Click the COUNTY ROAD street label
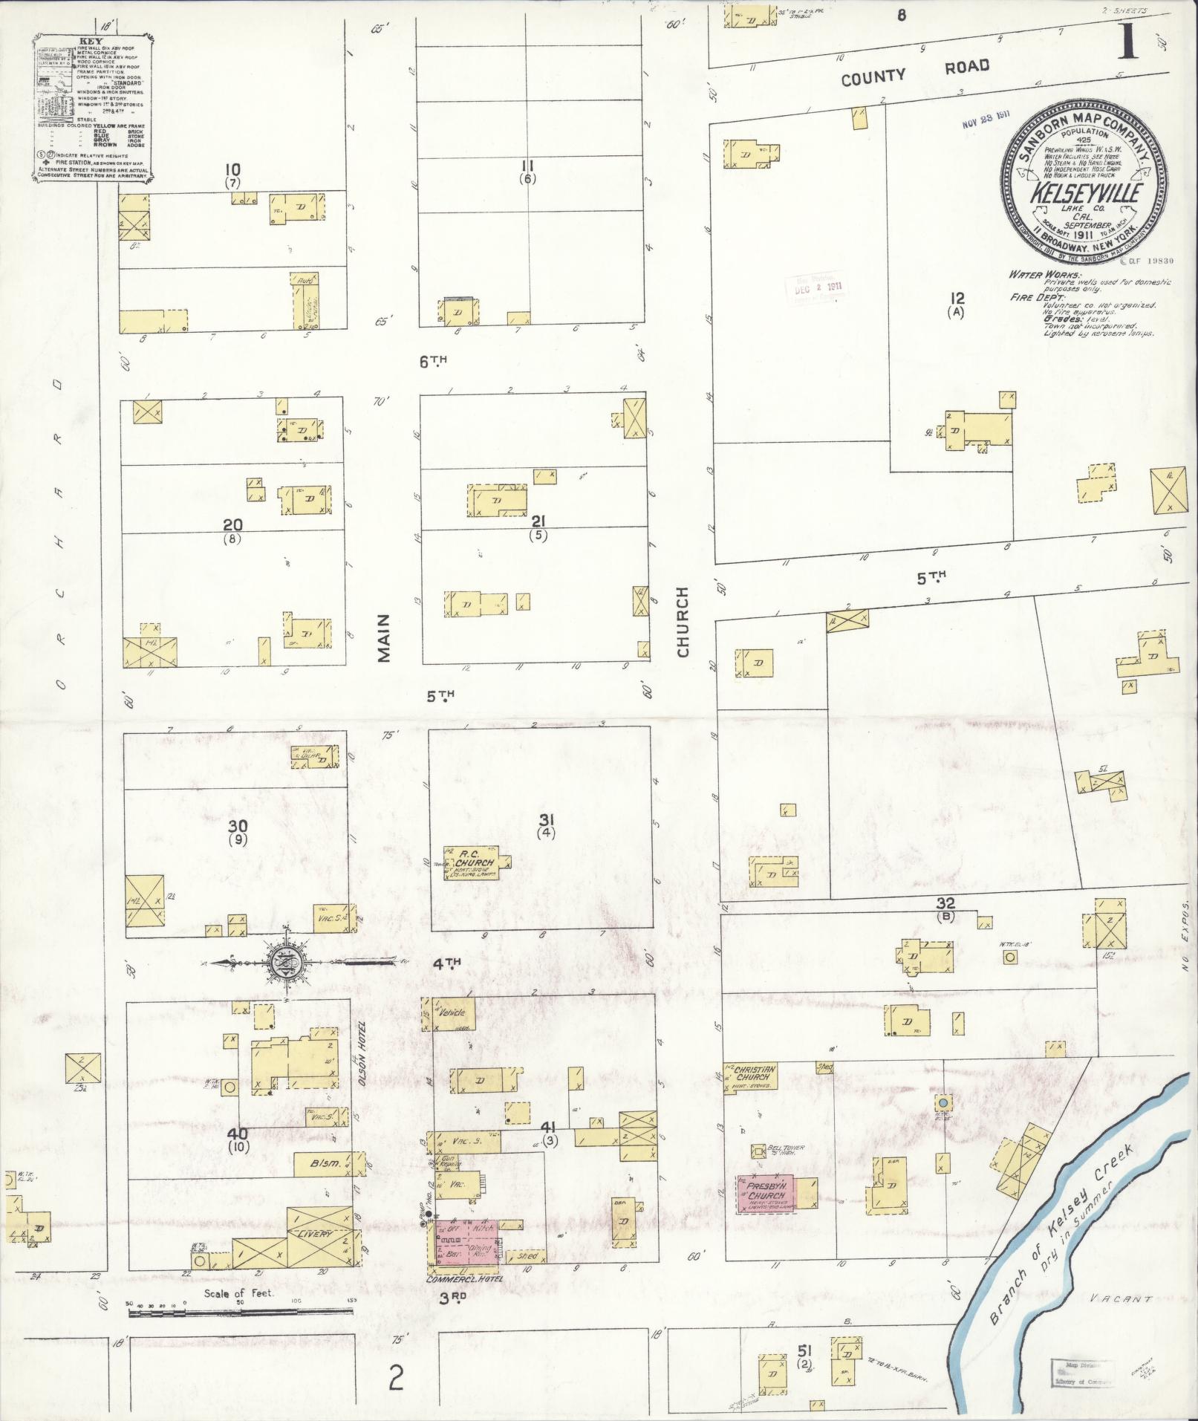(x=915, y=71)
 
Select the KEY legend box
(x=94, y=106)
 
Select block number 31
(x=547, y=819)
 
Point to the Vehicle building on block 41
(x=452, y=1012)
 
